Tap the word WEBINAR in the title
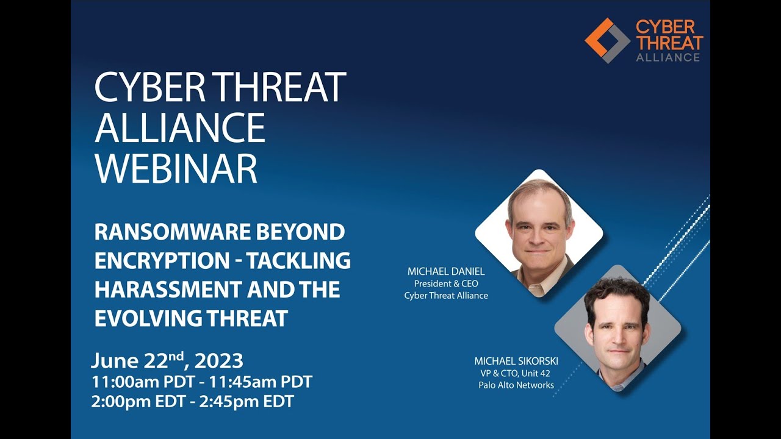click(x=176, y=168)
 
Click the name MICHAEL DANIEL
click(x=446, y=271)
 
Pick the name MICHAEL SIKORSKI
click(x=516, y=361)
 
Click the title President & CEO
click(x=446, y=284)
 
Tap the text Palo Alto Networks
click(x=516, y=385)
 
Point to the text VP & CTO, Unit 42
click(x=516, y=373)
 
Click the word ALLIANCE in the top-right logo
click(x=668, y=57)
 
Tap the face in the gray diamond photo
click(x=617, y=329)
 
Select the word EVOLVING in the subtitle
click(x=152, y=318)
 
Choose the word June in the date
click(x=115, y=360)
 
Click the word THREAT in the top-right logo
click(x=669, y=42)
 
